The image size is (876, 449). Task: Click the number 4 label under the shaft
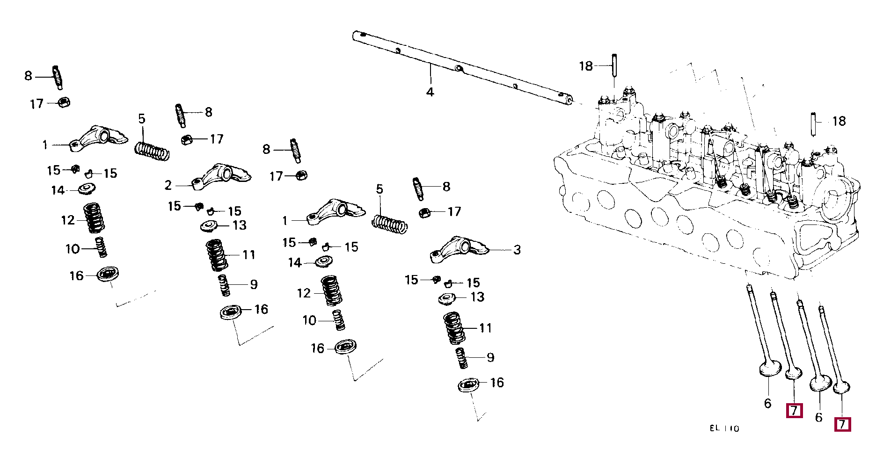click(430, 92)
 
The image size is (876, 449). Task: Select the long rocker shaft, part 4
click(463, 68)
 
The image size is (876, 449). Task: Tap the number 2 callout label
click(168, 186)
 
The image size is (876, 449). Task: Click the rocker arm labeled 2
click(221, 176)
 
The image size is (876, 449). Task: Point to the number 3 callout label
click(517, 250)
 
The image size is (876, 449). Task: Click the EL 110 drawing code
click(724, 428)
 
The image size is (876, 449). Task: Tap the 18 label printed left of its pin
click(586, 66)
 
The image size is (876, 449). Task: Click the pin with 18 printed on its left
click(614, 67)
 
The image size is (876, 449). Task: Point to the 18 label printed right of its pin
click(839, 122)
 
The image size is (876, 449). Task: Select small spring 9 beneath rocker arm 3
click(461, 358)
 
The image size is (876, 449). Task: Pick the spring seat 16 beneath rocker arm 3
click(469, 385)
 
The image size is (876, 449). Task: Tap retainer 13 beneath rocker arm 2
click(210, 226)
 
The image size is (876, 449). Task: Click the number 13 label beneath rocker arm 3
click(477, 297)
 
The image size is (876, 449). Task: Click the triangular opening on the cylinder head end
click(814, 237)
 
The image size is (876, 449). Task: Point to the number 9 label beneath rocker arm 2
click(254, 285)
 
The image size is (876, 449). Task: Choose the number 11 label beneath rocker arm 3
click(485, 328)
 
